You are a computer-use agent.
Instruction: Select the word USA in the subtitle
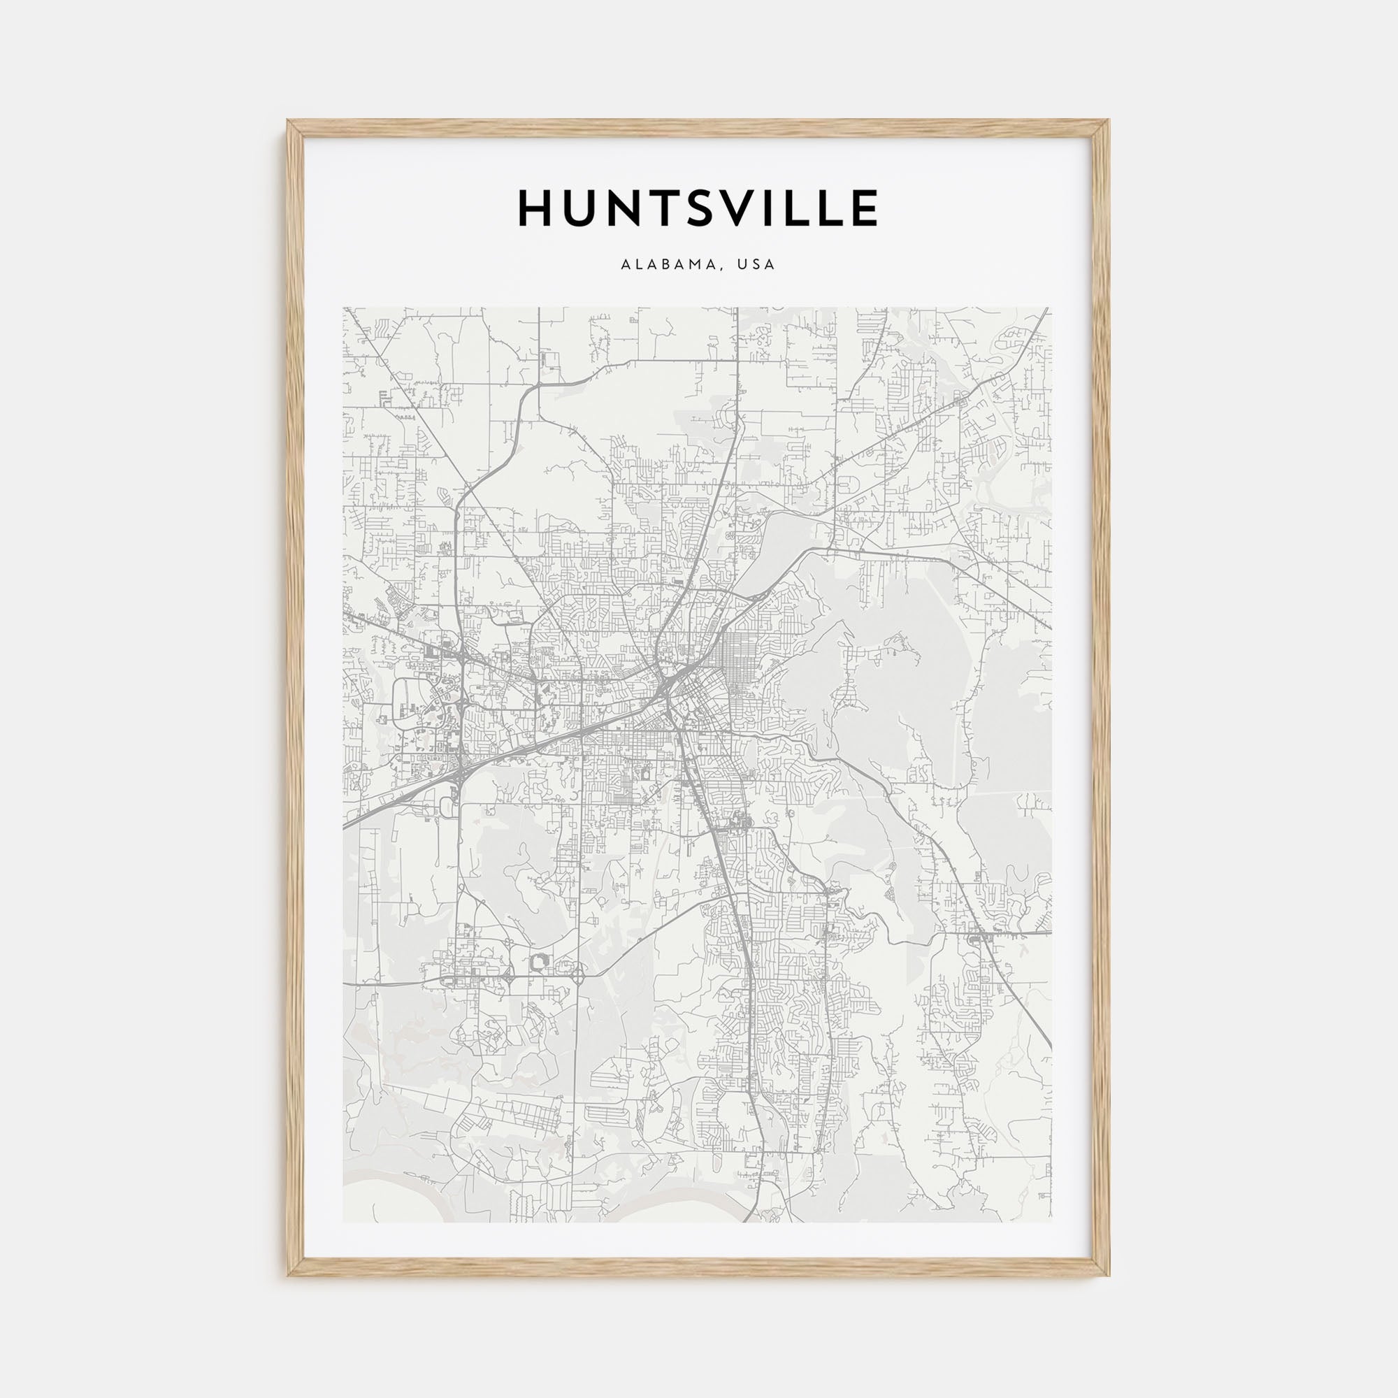(756, 265)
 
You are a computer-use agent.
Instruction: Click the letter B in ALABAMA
(664, 265)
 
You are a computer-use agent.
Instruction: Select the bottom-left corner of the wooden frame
(289, 1275)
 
